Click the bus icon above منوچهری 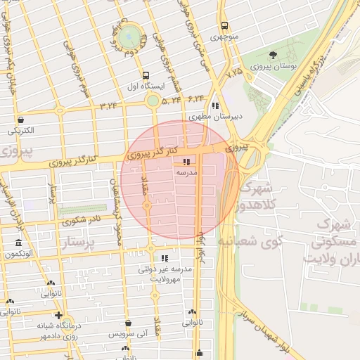pos(224,22)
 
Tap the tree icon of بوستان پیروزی pos(273,55)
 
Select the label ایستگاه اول pos(145,86)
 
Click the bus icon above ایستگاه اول pos(146,75)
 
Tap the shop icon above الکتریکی pos(20,120)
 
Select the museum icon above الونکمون pos(18,243)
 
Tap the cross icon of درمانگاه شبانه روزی pos(58,316)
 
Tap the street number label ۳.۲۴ pos(109,106)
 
